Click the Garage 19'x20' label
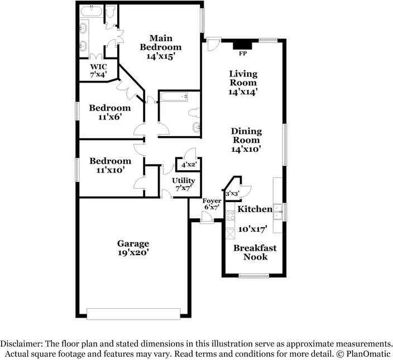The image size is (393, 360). click(x=133, y=248)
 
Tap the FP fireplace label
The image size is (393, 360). click(x=243, y=54)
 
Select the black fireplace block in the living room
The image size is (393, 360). click(x=242, y=45)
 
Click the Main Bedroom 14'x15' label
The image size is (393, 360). click(x=161, y=47)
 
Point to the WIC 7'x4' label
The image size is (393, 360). click(x=98, y=70)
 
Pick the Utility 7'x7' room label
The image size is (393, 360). click(x=184, y=184)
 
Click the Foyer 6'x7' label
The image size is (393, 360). click(x=212, y=204)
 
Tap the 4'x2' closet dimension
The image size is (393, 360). click(x=189, y=165)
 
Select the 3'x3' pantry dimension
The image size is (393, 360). click(x=232, y=194)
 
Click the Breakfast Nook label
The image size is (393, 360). click(x=255, y=252)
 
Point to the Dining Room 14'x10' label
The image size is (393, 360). click(x=246, y=140)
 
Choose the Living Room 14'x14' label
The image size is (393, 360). click(x=243, y=83)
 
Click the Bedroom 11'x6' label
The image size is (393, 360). click(x=110, y=112)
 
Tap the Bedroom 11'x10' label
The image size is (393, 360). click(x=111, y=165)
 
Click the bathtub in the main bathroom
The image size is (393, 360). click(x=92, y=11)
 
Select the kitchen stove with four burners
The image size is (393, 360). click(x=230, y=215)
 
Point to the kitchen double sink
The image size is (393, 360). click(x=277, y=212)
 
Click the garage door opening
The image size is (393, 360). click(x=133, y=314)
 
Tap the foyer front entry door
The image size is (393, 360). click(x=207, y=217)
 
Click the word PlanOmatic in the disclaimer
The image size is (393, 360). click(x=368, y=354)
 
